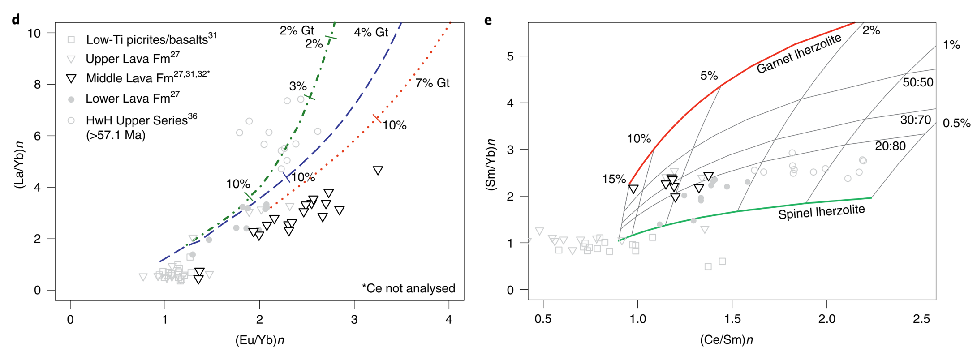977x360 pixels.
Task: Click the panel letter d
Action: tap(16, 20)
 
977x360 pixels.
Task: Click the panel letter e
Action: tap(488, 20)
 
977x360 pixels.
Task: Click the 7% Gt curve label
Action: tap(432, 83)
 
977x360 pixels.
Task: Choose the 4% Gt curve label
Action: tap(371, 32)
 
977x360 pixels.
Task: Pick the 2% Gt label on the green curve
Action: tap(297, 30)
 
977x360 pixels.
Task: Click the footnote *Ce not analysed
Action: tap(408, 288)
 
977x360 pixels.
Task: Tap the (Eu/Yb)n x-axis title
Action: tap(260, 340)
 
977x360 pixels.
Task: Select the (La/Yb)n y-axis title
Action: tap(20, 164)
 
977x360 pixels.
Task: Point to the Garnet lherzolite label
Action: tap(799, 54)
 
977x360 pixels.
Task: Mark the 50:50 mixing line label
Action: tap(918, 82)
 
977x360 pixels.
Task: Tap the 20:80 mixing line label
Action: tap(890, 146)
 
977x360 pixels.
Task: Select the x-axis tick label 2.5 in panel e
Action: tap(921, 319)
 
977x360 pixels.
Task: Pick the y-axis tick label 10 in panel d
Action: tap(34, 33)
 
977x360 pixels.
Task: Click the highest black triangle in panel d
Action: tap(378, 171)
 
